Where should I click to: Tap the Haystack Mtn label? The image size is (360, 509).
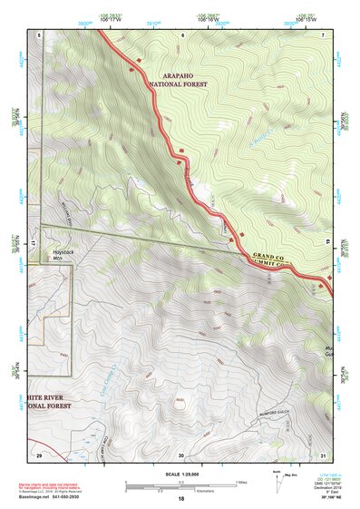pos(62,256)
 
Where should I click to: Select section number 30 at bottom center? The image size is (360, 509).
pos(180,455)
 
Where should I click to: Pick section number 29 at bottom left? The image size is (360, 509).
pos(39,454)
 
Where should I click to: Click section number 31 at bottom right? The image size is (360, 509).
pos(324,455)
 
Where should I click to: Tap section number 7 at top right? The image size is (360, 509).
pos(324,34)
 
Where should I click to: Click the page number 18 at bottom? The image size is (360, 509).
pos(180,498)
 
